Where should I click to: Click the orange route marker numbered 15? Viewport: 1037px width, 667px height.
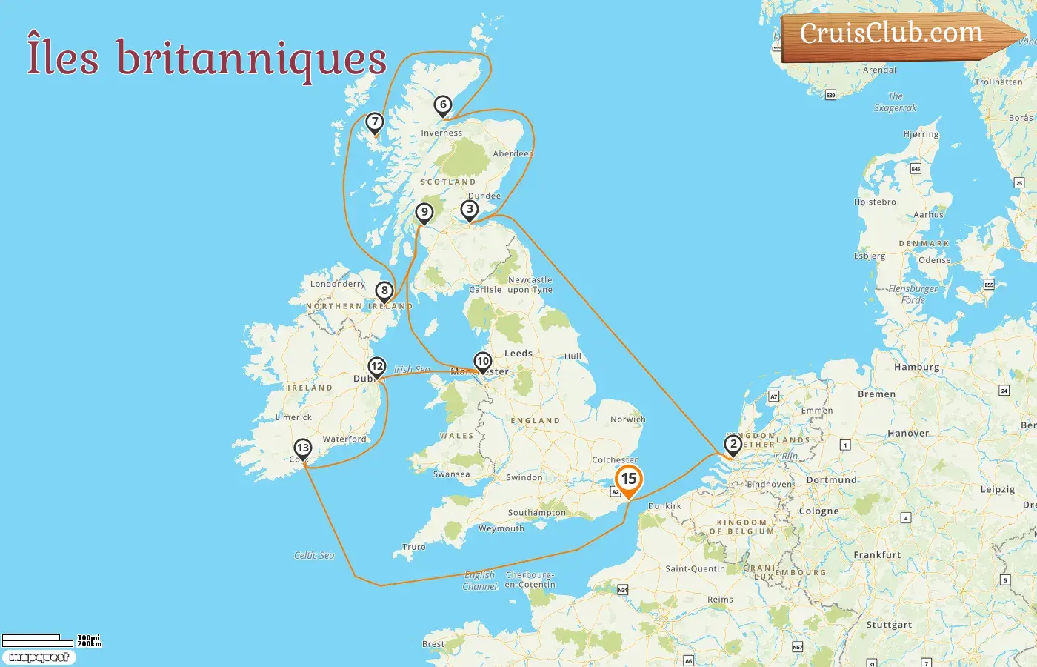click(x=629, y=479)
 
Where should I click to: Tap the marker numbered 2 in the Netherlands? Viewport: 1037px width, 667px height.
click(x=733, y=445)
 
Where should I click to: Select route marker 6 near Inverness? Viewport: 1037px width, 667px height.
click(x=443, y=104)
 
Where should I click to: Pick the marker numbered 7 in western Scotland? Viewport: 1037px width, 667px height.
click(x=375, y=122)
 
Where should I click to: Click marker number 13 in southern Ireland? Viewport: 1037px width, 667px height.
click(x=302, y=448)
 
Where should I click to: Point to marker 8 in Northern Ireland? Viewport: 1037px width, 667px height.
click(x=384, y=291)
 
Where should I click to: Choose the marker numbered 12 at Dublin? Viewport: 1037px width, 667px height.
click(x=377, y=366)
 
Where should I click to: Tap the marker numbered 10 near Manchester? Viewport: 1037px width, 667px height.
click(x=483, y=362)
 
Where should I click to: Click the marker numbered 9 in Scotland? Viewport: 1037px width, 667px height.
click(x=424, y=213)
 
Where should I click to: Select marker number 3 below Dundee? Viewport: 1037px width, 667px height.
click(x=469, y=209)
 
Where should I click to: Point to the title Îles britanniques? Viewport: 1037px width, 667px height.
click(x=207, y=57)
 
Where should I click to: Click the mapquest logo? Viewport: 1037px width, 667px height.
click(x=39, y=657)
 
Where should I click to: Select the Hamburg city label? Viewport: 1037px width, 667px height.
click(x=916, y=367)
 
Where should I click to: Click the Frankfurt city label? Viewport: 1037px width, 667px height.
click(x=877, y=554)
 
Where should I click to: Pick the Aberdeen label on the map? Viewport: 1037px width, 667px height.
click(x=513, y=153)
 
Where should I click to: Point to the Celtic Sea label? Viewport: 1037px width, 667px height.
click(x=314, y=555)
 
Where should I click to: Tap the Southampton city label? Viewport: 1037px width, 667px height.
click(x=536, y=512)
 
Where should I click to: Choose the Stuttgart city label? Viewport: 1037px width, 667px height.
click(x=889, y=624)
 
